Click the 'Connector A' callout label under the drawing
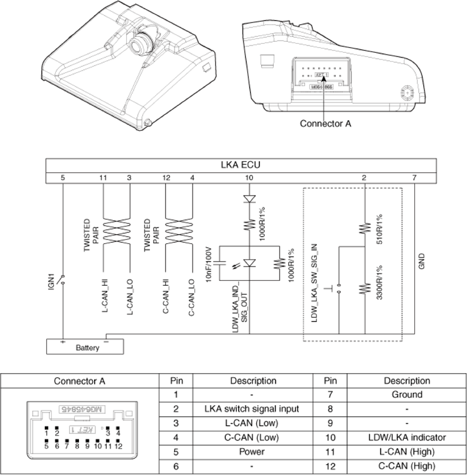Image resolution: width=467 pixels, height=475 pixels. click(325, 124)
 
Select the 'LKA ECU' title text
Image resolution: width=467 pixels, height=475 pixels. click(241, 165)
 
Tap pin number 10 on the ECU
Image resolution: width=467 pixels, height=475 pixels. click(248, 178)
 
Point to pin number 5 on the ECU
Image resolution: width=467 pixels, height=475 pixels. click(63, 178)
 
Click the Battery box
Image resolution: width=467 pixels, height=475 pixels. click(86, 348)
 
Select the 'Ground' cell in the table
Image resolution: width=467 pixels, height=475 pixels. click(406, 395)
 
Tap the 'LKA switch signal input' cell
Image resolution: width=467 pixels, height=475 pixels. click(252, 409)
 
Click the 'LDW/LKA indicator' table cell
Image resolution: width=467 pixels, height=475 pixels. click(406, 437)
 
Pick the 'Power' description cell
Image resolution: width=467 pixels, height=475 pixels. click(252, 452)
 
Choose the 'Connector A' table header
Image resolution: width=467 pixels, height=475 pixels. click(80, 381)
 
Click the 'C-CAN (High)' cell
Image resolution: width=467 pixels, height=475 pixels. click(406, 466)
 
